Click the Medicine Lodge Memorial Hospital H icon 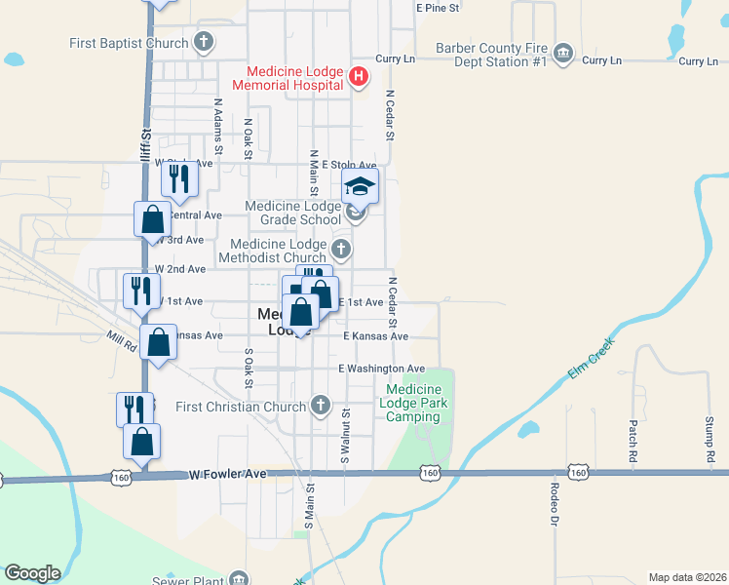pyautogui.click(x=359, y=77)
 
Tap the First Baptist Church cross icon pyautogui.click(x=203, y=42)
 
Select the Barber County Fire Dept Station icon pyautogui.click(x=562, y=55)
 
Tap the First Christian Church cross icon pyautogui.click(x=321, y=406)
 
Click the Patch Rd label pyautogui.click(x=633, y=441)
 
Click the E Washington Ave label pyautogui.click(x=382, y=369)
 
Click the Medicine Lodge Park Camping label pyautogui.click(x=413, y=403)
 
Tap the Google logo pyautogui.click(x=32, y=573)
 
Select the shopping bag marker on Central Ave pyautogui.click(x=153, y=218)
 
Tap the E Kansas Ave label pyautogui.click(x=375, y=335)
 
